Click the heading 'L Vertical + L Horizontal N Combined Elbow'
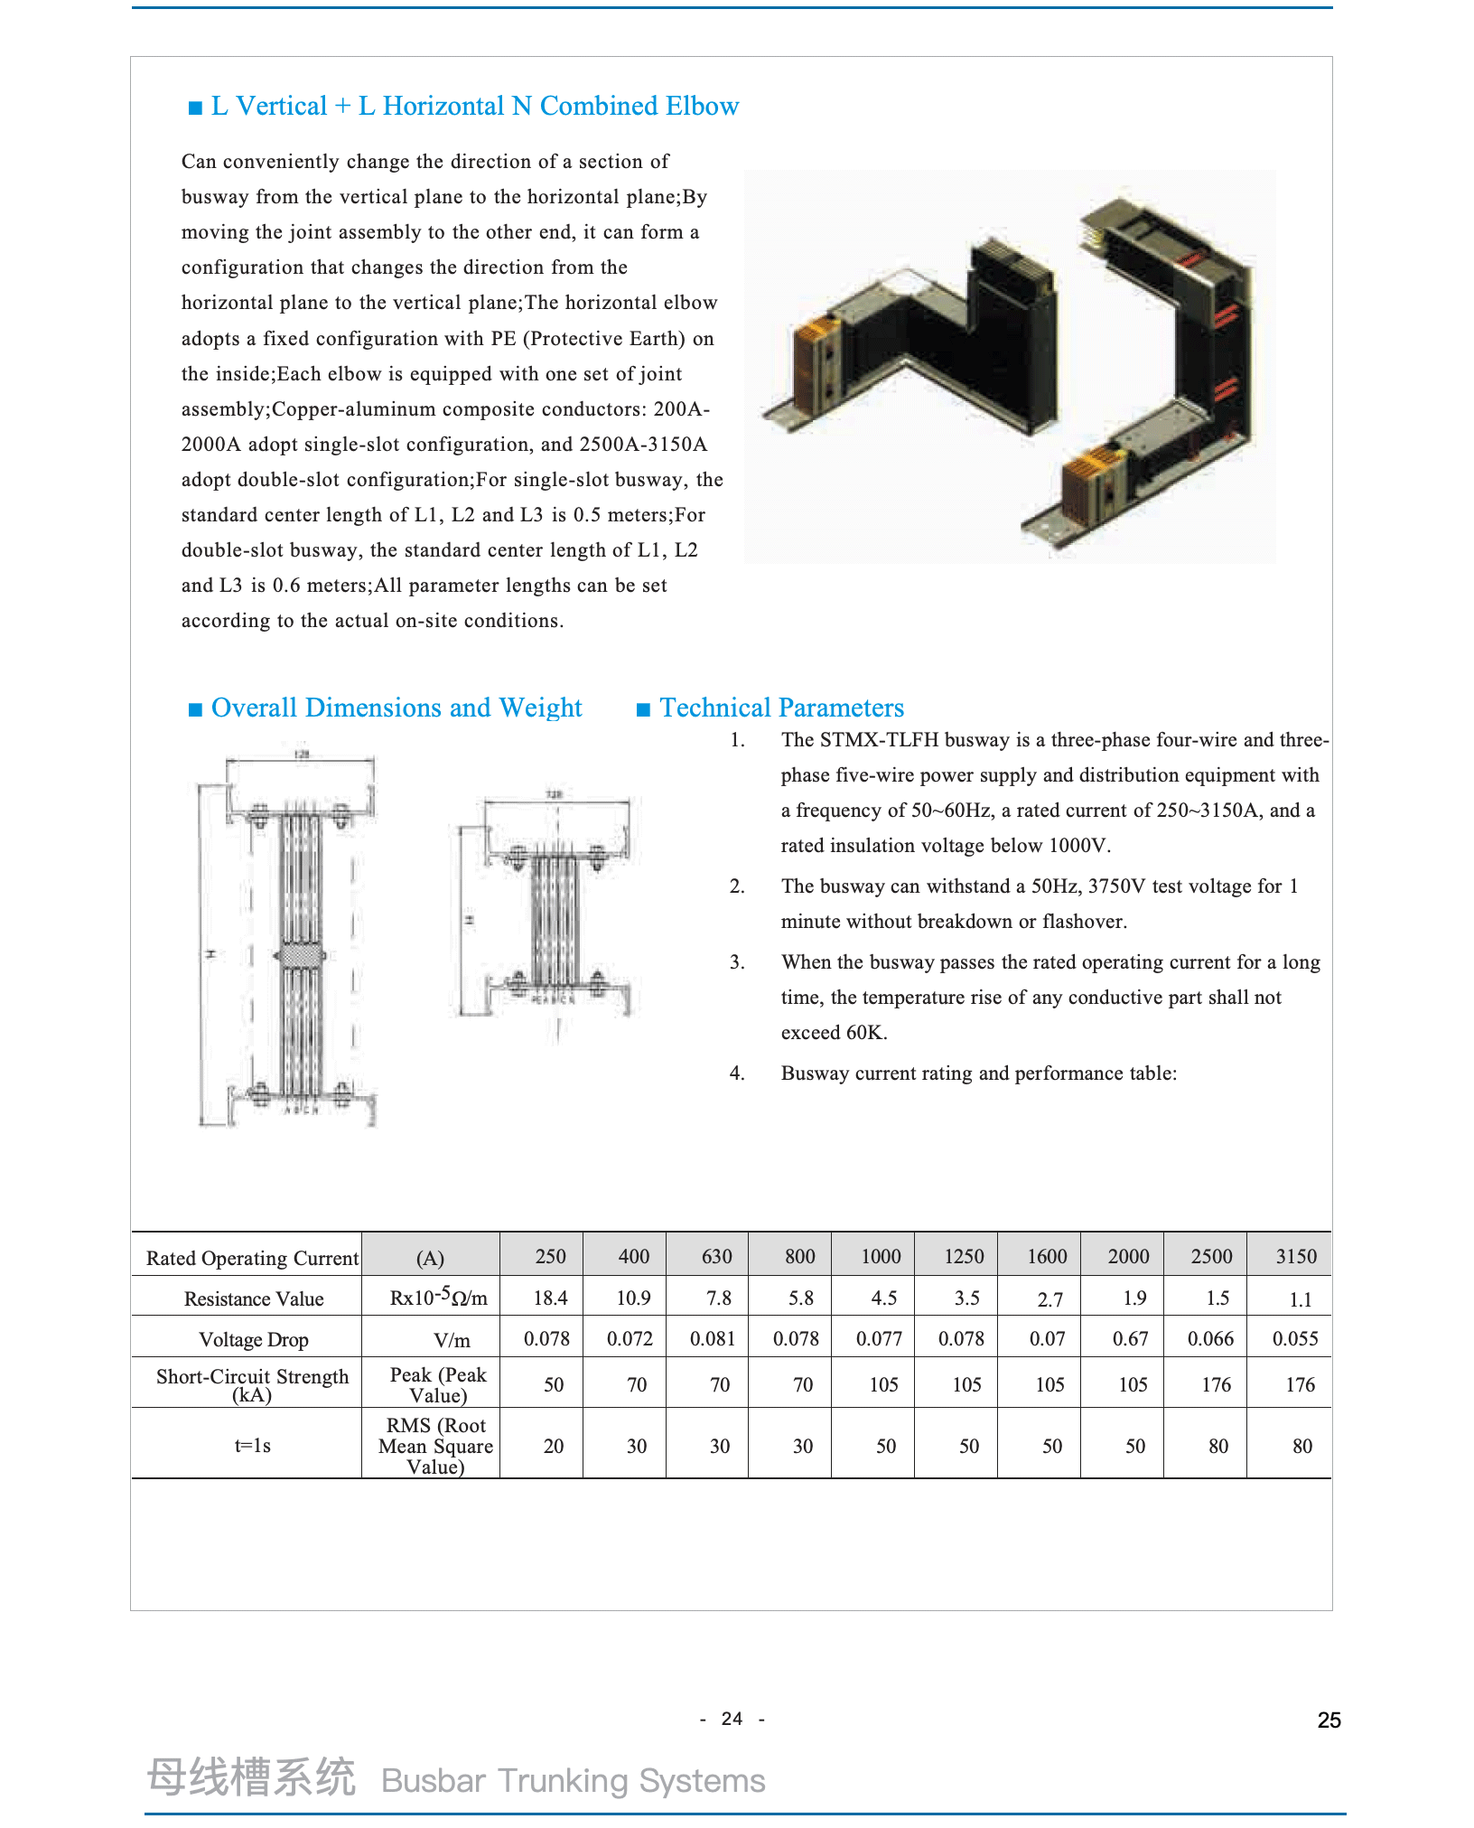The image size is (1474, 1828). pos(474,107)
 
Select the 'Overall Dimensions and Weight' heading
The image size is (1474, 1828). pos(396,708)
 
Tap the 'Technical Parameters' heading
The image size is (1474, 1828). pos(781,708)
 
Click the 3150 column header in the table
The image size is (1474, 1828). pos(1295,1256)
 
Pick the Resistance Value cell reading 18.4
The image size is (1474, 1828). pos(550,1298)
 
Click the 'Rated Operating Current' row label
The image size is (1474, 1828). pos(252,1258)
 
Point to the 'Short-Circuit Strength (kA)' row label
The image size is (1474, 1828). pos(252,1385)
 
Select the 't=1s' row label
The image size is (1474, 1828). pos(252,1445)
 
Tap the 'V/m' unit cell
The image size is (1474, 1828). pos(452,1341)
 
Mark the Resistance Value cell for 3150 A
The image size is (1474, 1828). pos(1300,1299)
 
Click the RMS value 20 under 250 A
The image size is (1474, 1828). pos(554,1446)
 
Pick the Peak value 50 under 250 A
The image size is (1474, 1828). pos(554,1384)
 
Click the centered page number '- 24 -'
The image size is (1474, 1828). pos(732,1719)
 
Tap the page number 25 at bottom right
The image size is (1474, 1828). pos(1329,1720)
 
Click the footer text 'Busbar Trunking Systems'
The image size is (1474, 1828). pos(573,1780)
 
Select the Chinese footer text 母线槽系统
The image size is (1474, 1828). pos(251,1777)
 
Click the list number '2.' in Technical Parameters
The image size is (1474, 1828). pos(737,886)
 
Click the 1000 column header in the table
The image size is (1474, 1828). pos(881,1256)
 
